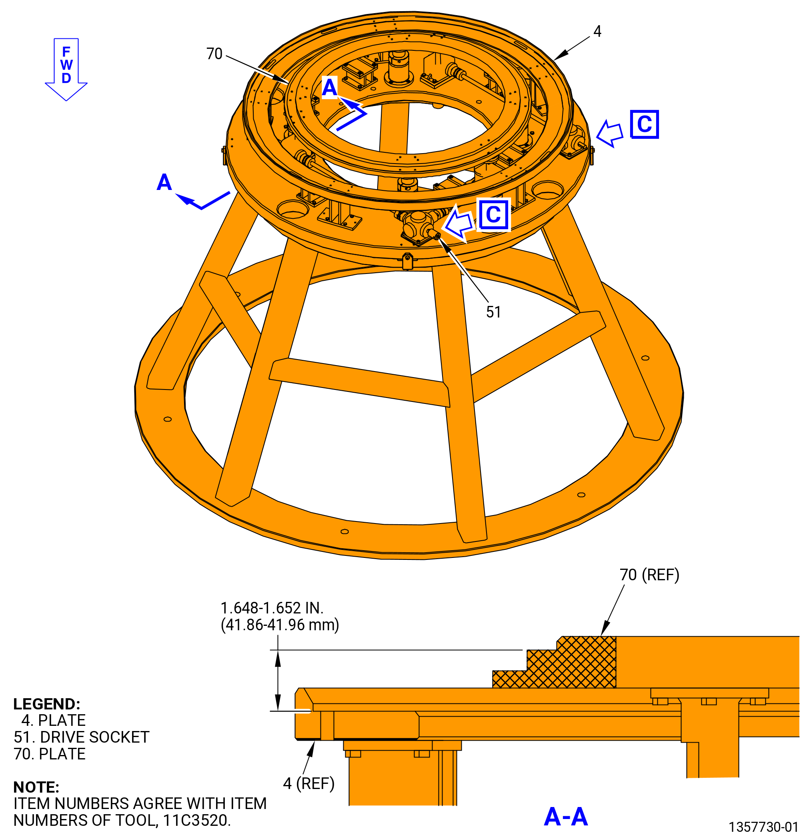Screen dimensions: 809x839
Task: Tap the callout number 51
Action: coord(493,312)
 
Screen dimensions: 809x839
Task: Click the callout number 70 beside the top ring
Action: coord(214,54)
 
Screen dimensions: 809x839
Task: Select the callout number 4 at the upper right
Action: coord(597,31)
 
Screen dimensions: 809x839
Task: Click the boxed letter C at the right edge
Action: coord(644,124)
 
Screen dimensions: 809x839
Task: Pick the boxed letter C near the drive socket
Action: coord(493,215)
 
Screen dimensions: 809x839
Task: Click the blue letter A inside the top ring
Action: coord(329,87)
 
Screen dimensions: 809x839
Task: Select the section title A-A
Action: coord(565,816)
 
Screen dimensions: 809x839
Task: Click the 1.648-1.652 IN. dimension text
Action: coord(272,608)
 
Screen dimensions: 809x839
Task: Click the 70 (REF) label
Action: coord(649,575)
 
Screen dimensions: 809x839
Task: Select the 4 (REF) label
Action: coord(309,784)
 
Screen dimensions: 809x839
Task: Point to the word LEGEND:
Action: coord(47,704)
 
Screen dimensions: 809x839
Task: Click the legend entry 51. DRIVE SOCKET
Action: coord(81,737)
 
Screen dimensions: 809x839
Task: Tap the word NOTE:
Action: coord(36,787)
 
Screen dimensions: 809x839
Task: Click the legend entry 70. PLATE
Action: coord(50,754)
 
